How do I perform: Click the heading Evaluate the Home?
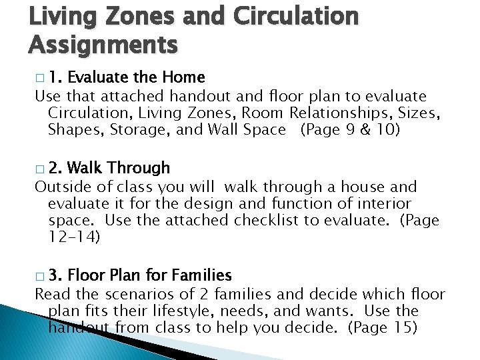pyautogui.click(x=136, y=77)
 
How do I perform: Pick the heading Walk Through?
pyautogui.click(x=119, y=167)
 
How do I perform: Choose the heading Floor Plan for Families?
pyautogui.click(x=149, y=274)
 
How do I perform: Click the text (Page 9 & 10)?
pyautogui.click(x=350, y=129)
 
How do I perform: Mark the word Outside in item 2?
pyautogui.click(x=63, y=187)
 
